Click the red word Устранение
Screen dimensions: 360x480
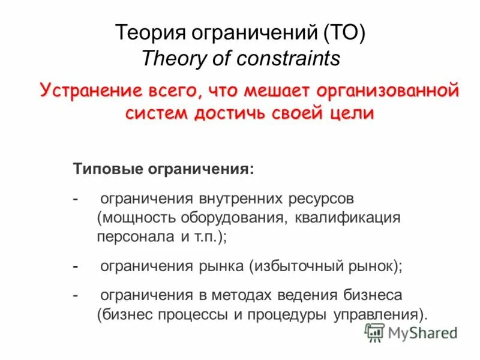click(x=86, y=91)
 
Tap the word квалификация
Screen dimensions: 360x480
click(x=347, y=217)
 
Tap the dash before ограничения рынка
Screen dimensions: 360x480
click(x=76, y=266)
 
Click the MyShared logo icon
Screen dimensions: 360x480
click(x=374, y=332)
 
